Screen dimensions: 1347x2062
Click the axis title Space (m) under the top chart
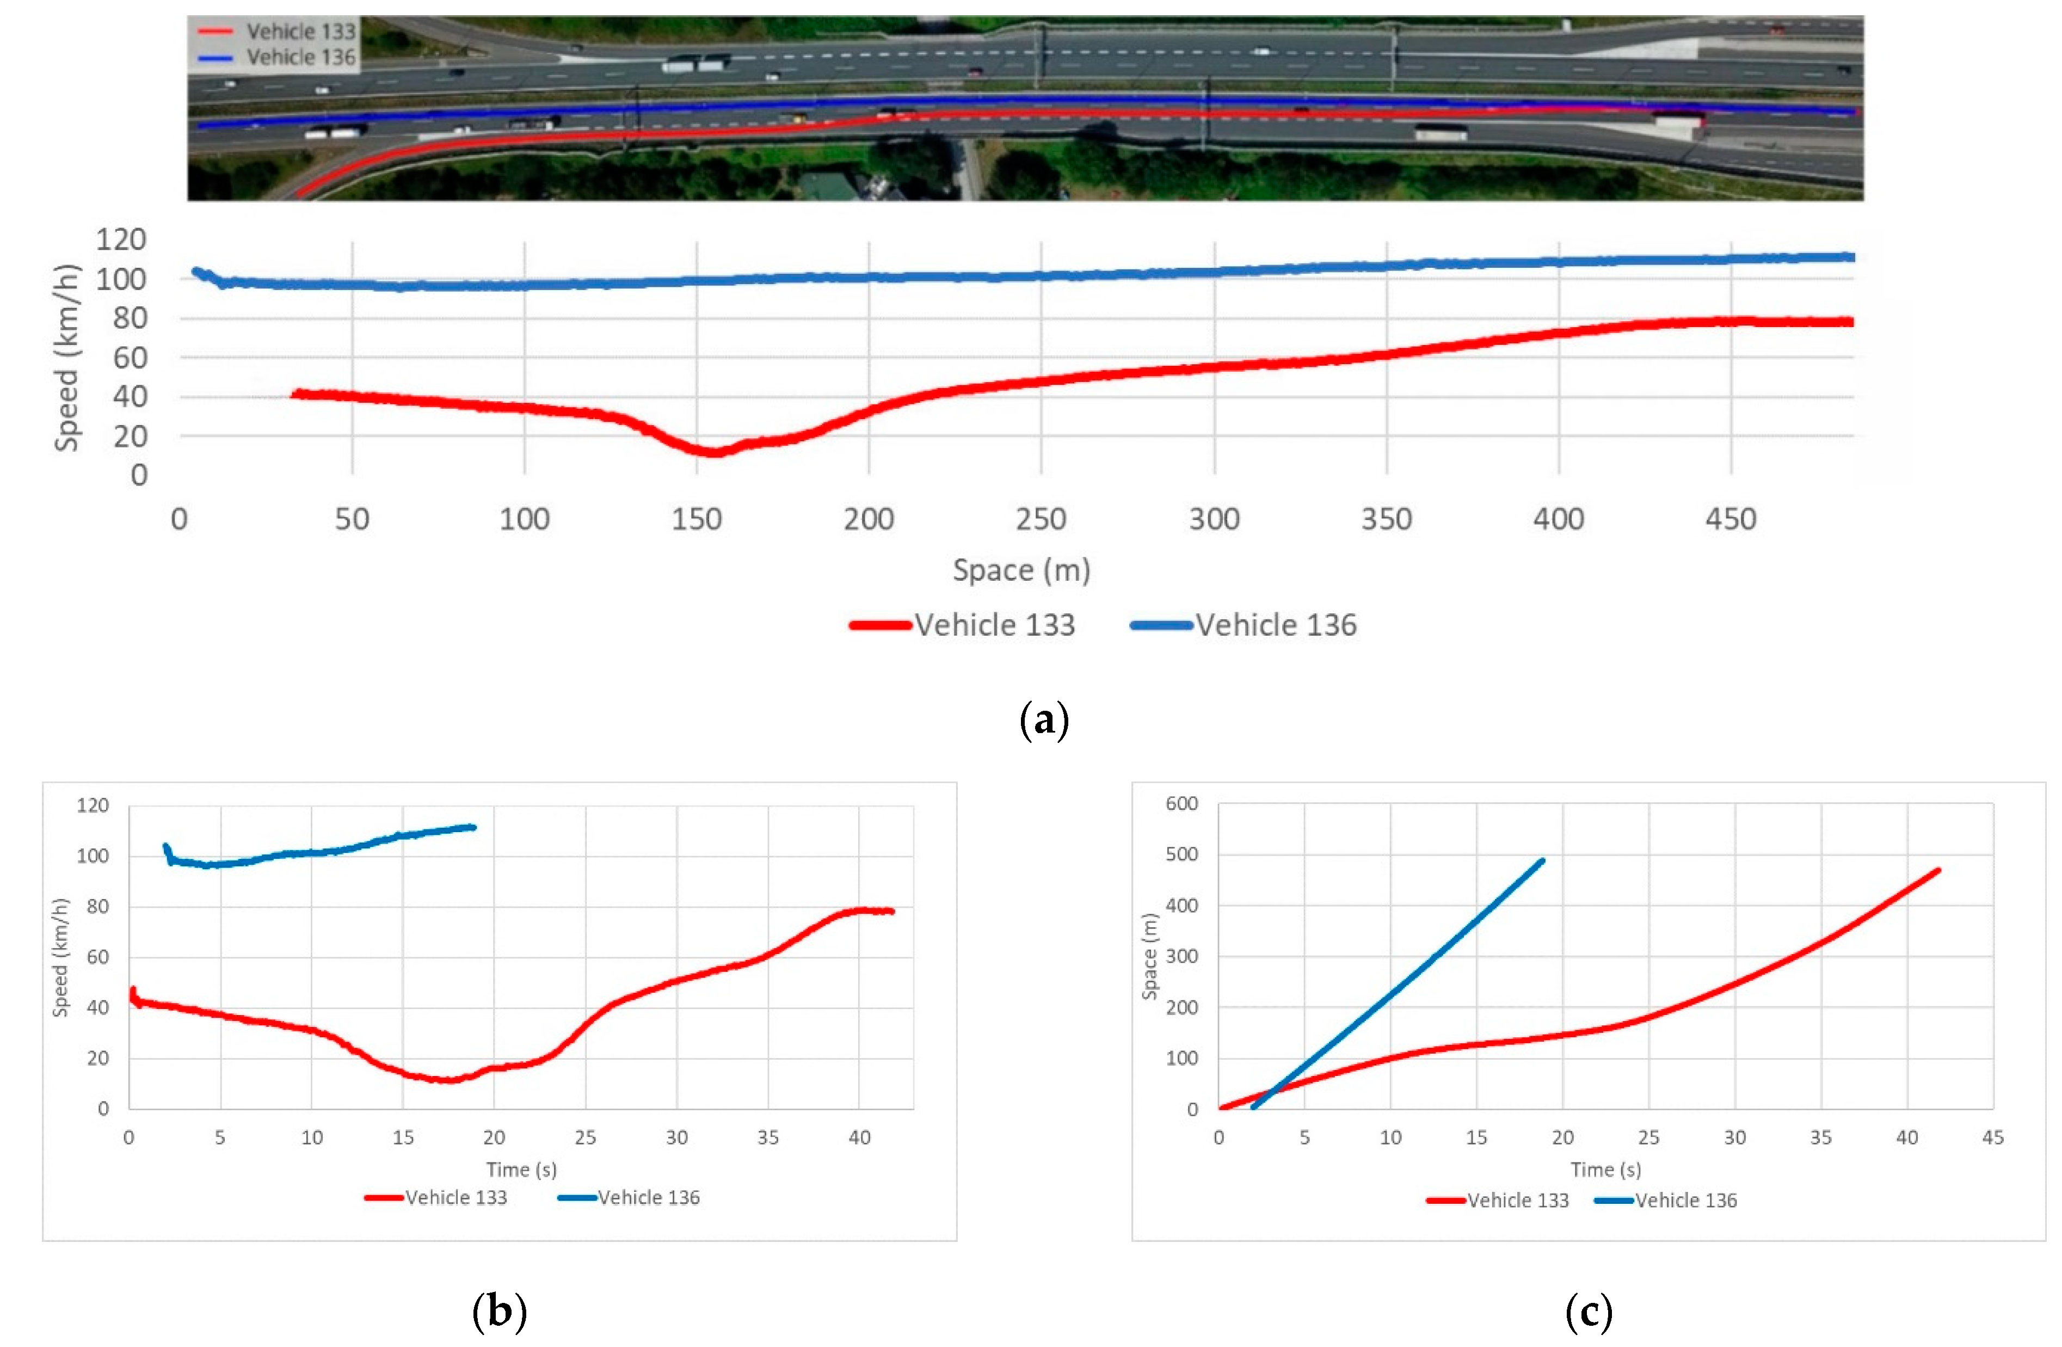(x=1021, y=570)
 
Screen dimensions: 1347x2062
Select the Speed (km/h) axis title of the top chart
(x=67, y=357)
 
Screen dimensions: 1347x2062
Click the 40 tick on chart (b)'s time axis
(x=859, y=1137)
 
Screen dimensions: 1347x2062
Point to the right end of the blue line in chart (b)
(x=474, y=826)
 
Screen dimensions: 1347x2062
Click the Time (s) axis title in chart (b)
(x=521, y=1170)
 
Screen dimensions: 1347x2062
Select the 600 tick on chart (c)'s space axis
(x=1182, y=804)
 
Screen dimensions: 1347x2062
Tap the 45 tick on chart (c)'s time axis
(x=1993, y=1137)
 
